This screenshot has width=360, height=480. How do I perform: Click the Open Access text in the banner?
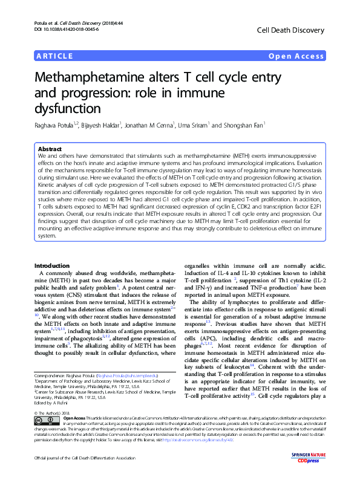(296, 56)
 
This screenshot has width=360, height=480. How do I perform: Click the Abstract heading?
(50, 149)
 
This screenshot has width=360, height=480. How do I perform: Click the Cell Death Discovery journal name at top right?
(291, 29)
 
